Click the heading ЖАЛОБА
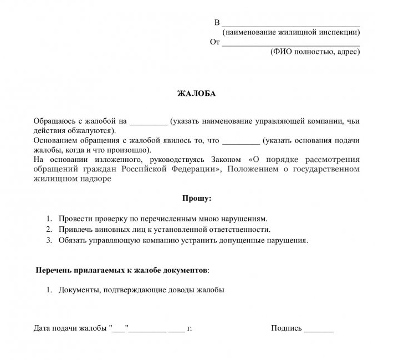tap(196, 94)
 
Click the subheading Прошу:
tap(197, 198)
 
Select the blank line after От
tap(290, 44)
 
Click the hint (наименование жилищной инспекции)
tap(291, 33)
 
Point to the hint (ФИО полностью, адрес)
tap(315, 52)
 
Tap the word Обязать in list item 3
tap(74, 240)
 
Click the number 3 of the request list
tap(49, 240)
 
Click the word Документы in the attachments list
tap(78, 290)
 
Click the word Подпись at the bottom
tap(286, 328)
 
